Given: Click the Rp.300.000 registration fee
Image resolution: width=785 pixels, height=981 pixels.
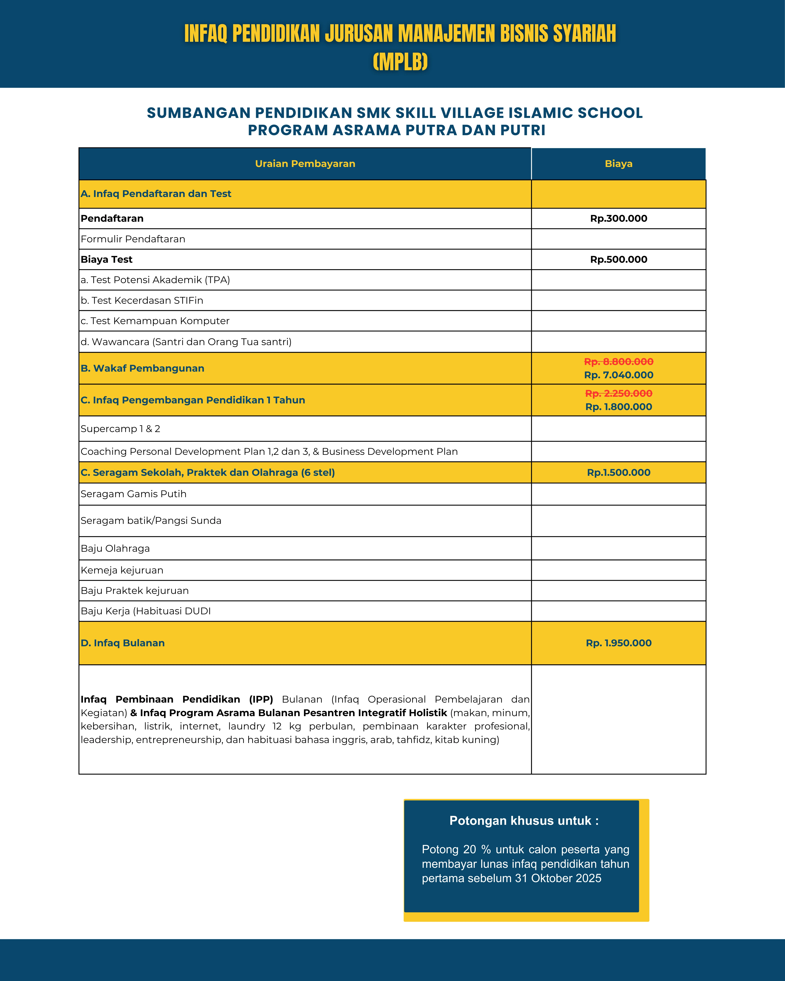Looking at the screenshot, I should coord(618,218).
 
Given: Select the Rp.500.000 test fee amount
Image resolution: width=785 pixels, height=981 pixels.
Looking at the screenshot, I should coord(618,259).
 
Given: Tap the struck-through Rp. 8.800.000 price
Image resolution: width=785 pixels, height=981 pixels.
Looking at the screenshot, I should coord(618,362).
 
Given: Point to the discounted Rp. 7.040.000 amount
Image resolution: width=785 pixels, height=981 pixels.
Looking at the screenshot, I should coord(618,375).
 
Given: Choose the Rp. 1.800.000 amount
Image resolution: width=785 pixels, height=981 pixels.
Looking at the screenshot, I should coord(618,407).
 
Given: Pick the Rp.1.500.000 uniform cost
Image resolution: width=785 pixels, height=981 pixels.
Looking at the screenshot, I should coord(618,472).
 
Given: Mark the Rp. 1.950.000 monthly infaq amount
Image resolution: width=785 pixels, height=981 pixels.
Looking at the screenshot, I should coord(618,643).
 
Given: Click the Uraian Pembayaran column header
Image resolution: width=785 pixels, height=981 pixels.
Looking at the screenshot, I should coord(305,164).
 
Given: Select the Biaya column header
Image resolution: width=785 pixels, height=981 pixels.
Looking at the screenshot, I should coord(618,164).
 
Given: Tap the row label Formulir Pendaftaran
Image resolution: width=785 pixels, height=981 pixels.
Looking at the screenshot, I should coord(133,239).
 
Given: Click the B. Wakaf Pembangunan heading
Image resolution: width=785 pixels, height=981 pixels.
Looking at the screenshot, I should coord(142,368).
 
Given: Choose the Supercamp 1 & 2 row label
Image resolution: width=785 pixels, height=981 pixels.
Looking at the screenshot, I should coord(120,429).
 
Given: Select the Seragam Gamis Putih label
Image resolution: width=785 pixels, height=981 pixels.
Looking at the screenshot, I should coord(133,494).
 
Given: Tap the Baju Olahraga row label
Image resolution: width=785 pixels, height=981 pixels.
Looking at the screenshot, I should coord(115,548).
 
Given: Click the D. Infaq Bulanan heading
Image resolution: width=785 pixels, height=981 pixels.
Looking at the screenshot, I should coord(122,643).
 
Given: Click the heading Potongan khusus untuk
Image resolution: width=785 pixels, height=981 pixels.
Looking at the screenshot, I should coord(524,820).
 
